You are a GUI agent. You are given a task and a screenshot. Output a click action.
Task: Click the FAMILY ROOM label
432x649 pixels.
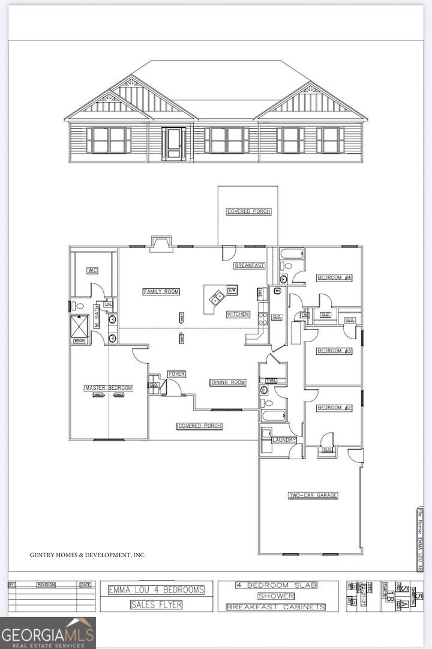(x=161, y=292)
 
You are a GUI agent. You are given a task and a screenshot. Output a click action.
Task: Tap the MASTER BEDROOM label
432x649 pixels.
(x=109, y=388)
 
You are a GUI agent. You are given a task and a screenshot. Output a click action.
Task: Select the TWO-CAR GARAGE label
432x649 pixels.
(x=313, y=495)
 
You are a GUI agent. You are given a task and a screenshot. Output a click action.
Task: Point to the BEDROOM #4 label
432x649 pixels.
(x=334, y=277)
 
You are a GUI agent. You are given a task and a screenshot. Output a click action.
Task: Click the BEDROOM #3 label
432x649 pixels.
(x=334, y=351)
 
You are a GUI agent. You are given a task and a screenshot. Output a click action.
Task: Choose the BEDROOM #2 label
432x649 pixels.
(x=334, y=408)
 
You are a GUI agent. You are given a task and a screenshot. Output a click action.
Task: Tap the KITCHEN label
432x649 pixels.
(x=238, y=315)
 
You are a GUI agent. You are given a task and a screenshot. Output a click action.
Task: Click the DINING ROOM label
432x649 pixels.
(x=228, y=382)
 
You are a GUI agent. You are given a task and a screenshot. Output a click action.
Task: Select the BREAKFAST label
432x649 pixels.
(x=249, y=265)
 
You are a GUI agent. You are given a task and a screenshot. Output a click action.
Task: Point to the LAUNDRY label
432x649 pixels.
(x=284, y=440)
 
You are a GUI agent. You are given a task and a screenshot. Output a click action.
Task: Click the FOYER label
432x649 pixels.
(x=176, y=374)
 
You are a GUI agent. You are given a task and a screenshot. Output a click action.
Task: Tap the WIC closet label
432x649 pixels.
(x=92, y=271)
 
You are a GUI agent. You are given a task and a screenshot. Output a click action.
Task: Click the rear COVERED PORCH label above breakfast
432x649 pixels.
(x=248, y=211)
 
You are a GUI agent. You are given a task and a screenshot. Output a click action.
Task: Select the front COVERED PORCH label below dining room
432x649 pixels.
(x=200, y=426)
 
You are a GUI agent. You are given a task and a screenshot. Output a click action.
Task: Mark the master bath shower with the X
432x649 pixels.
(x=80, y=325)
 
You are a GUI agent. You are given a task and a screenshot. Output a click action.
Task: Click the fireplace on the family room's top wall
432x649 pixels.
(x=161, y=243)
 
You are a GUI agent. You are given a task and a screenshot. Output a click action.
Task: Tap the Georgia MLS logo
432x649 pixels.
(x=48, y=633)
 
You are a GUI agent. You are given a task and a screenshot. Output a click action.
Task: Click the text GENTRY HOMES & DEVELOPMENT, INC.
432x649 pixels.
(x=88, y=555)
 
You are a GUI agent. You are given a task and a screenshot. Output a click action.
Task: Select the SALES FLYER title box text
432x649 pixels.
(x=156, y=605)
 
